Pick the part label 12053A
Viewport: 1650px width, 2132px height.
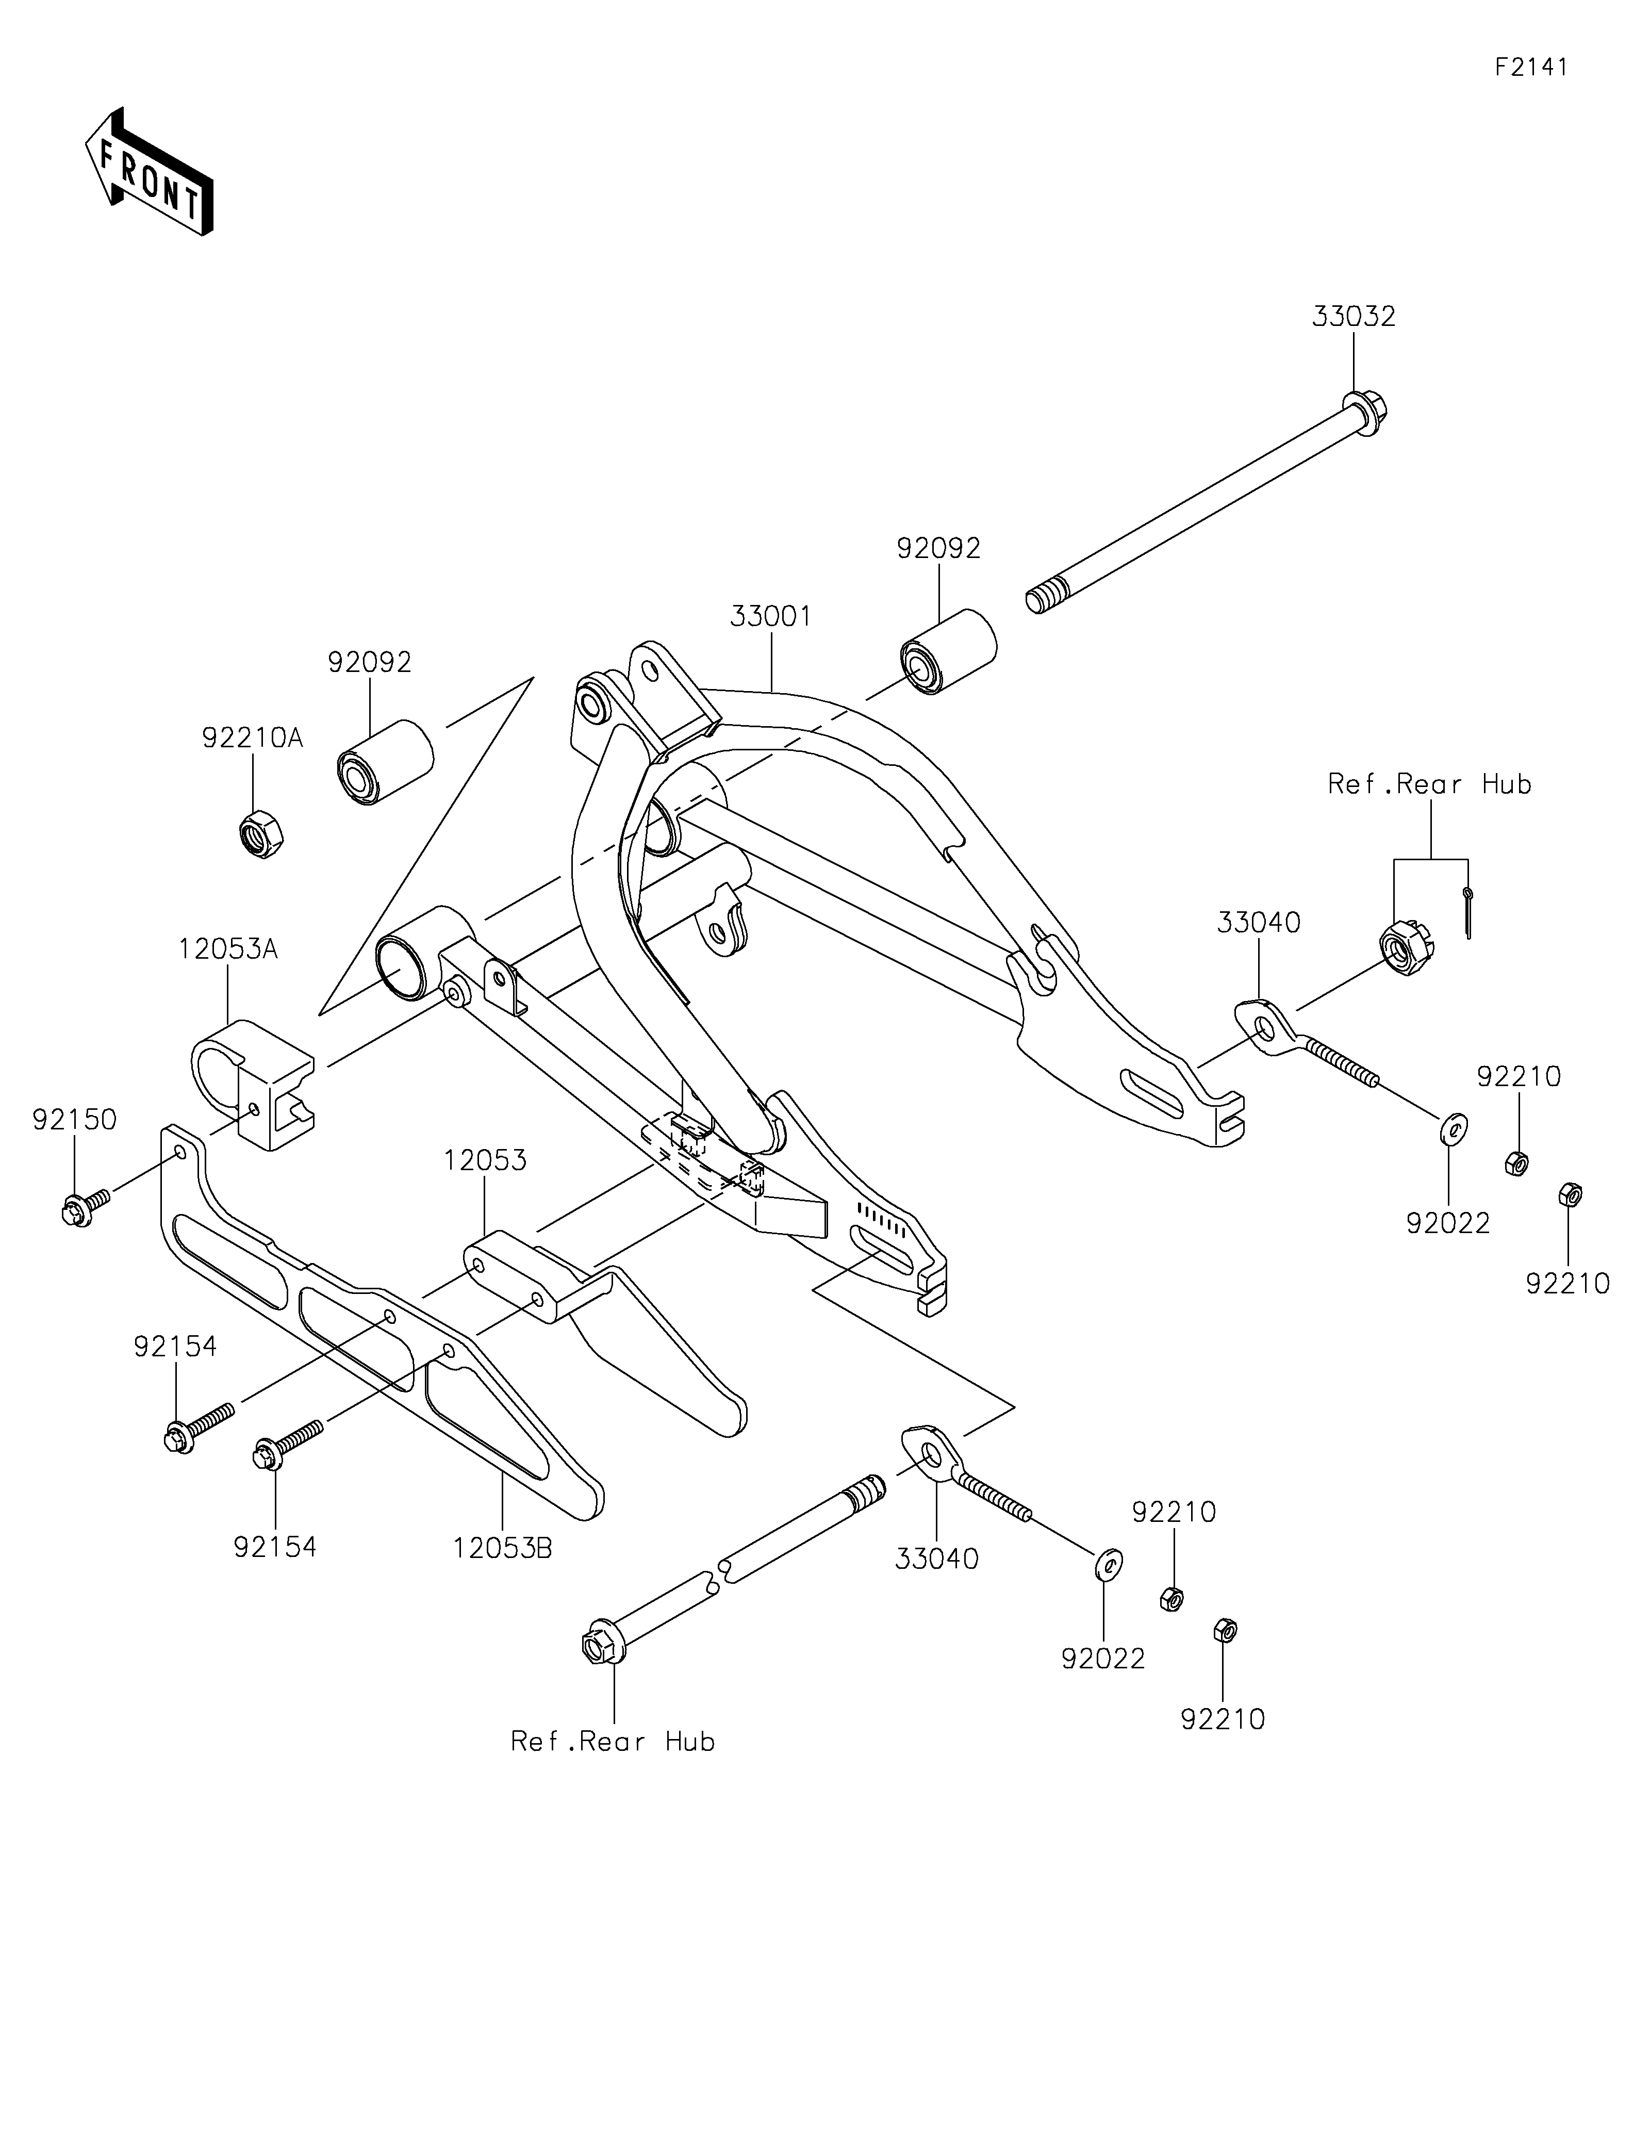[x=228, y=949]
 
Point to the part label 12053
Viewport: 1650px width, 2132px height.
[x=485, y=1161]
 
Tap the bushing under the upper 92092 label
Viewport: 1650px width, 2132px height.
[x=947, y=651]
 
